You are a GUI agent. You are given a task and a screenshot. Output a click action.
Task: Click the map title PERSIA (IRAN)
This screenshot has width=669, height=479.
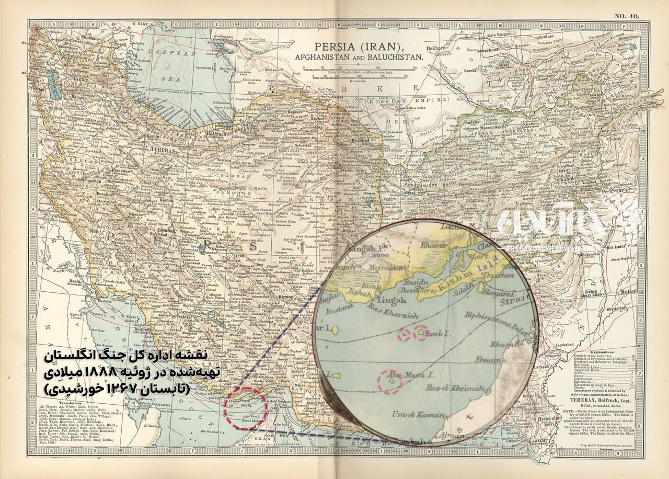[359, 47]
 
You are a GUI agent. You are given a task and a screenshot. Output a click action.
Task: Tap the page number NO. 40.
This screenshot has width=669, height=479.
[626, 16]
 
